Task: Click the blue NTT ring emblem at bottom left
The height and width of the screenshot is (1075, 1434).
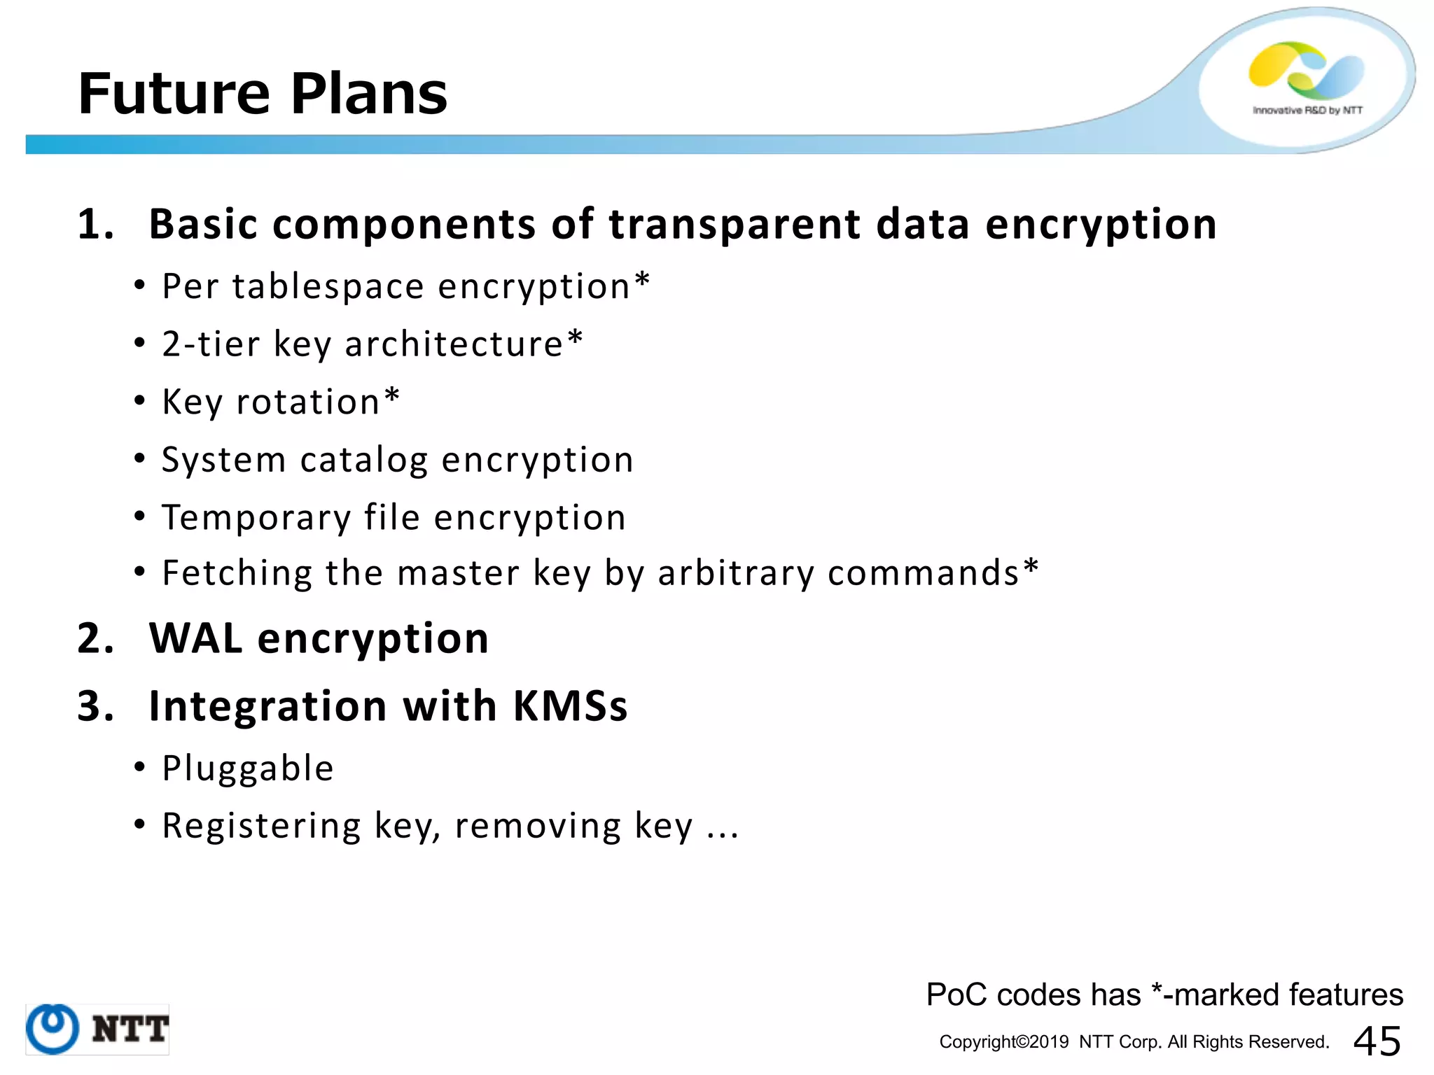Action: (x=53, y=1028)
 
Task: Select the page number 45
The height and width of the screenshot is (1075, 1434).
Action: (x=1377, y=1041)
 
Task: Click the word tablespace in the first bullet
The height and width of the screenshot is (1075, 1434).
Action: (x=328, y=286)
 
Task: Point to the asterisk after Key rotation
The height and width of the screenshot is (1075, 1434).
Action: (x=392, y=398)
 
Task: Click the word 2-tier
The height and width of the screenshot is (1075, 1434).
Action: (x=211, y=344)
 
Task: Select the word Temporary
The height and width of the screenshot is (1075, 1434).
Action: (x=256, y=519)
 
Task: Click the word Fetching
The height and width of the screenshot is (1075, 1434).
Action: (x=237, y=573)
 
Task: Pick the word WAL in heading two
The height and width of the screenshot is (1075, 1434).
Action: (x=195, y=638)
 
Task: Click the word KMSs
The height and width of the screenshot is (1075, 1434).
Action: (x=570, y=705)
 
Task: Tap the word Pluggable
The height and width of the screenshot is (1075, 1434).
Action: (x=248, y=768)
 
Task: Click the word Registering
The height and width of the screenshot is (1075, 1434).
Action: (x=261, y=827)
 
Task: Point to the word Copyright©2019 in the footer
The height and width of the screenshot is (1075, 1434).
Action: (x=1003, y=1042)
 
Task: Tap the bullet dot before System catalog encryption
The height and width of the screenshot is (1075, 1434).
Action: (x=140, y=458)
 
